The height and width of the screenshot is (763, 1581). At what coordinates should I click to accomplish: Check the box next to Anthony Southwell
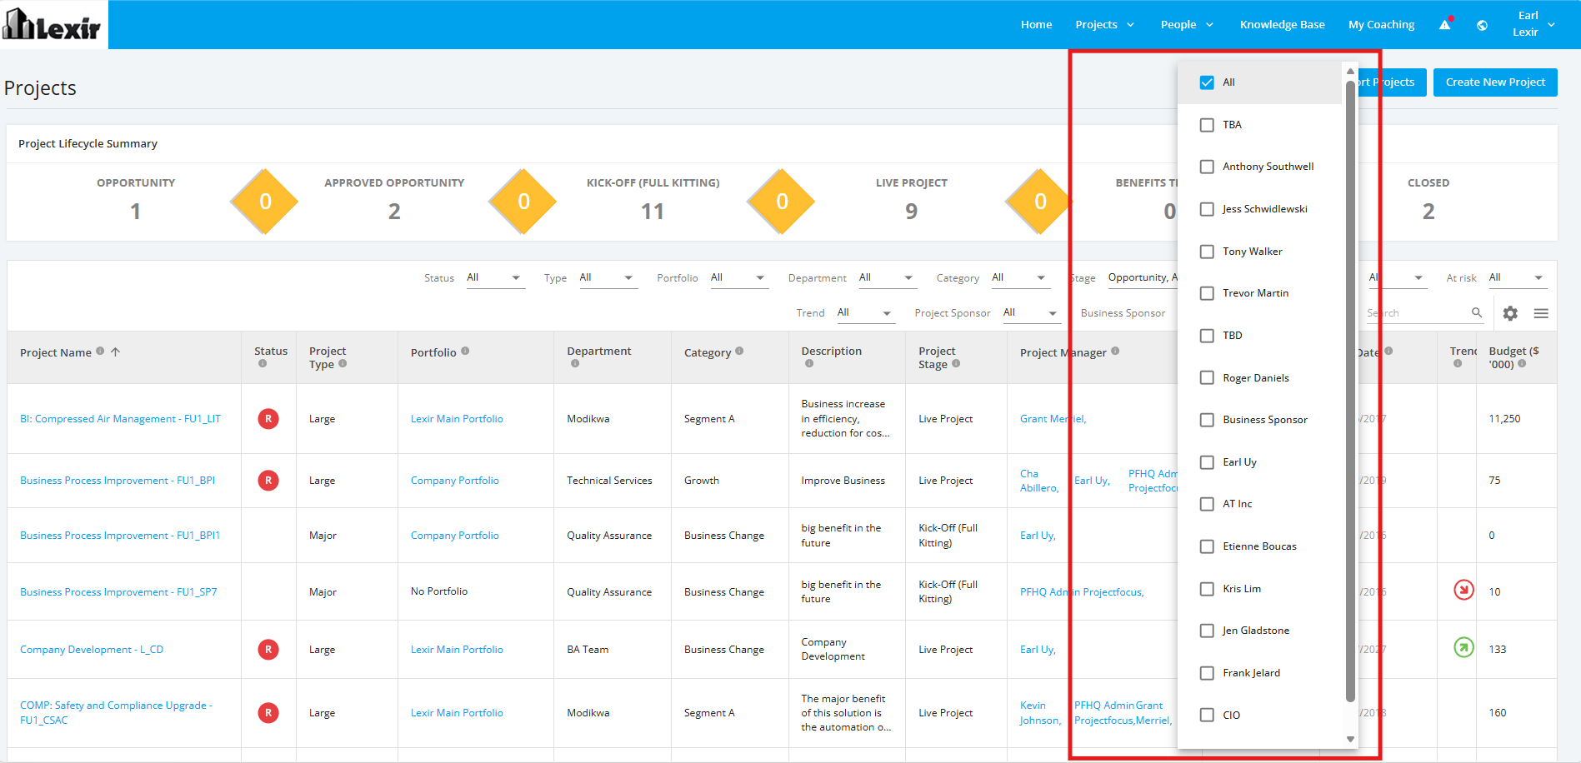coord(1206,167)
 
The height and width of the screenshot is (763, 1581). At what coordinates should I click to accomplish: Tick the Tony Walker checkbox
coord(1206,252)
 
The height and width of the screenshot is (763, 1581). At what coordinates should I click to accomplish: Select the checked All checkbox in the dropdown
coord(1206,82)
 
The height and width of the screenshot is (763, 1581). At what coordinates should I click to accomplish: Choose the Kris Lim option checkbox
coord(1206,589)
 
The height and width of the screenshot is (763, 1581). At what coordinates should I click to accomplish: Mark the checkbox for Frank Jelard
coord(1206,673)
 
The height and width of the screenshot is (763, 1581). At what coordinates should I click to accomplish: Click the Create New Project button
coord(1495,82)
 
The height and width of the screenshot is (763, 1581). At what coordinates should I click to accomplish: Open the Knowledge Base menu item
coord(1282,25)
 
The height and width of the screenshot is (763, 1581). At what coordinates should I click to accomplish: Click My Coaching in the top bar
coord(1381,25)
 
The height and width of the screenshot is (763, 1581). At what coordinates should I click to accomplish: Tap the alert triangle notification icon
coord(1445,24)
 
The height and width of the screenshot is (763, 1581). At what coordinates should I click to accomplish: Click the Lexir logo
coord(53,25)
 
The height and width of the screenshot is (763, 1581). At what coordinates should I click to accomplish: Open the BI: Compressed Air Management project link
coord(120,419)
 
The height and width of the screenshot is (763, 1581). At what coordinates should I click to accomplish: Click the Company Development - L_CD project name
coord(92,650)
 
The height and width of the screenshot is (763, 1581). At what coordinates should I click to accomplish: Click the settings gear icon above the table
coord(1510,313)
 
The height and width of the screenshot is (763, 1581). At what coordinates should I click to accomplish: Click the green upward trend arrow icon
coord(1463,647)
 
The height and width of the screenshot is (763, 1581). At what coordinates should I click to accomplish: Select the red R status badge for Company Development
coord(268,650)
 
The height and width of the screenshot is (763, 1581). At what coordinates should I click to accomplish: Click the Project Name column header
coord(56,352)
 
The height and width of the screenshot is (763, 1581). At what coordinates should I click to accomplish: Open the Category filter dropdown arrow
coord(1041,278)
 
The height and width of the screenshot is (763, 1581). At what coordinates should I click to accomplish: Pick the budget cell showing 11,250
coord(1504,419)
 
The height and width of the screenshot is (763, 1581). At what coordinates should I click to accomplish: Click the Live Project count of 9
coord(911,212)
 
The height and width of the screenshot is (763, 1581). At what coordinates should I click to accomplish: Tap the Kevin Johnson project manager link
coord(1040,713)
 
